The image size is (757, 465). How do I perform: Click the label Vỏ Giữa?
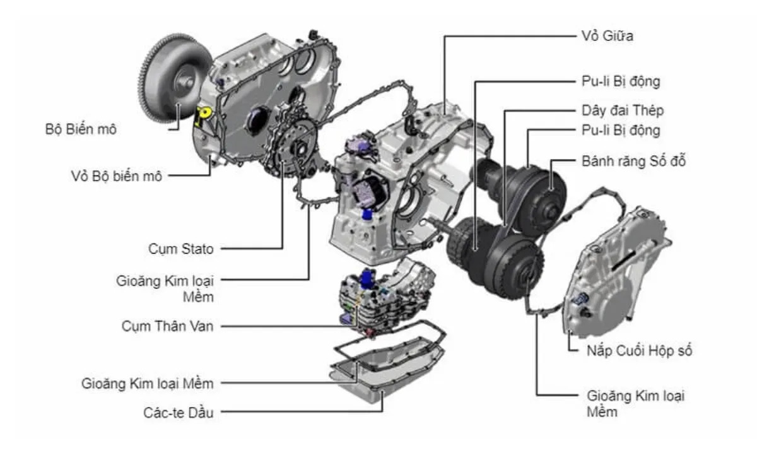click(x=607, y=36)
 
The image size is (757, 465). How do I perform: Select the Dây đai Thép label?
click(x=622, y=110)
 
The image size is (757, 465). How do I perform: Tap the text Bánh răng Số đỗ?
click(x=633, y=161)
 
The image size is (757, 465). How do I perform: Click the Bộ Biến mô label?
click(x=81, y=129)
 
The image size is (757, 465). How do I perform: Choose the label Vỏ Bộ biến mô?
click(x=117, y=176)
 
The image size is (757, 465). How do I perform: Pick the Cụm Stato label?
click(x=182, y=249)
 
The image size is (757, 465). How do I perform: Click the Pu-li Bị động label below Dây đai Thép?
click(x=621, y=131)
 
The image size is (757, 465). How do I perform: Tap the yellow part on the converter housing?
click(x=203, y=116)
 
